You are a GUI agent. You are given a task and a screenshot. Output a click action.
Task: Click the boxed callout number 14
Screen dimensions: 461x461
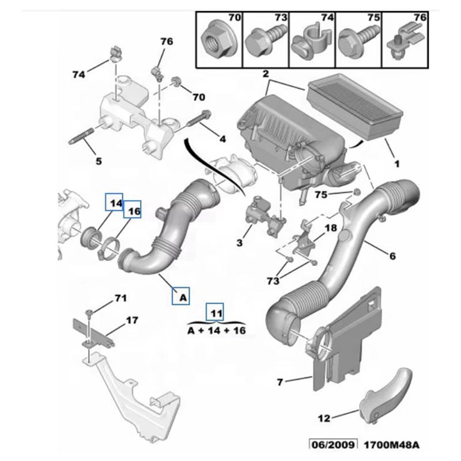(114, 203)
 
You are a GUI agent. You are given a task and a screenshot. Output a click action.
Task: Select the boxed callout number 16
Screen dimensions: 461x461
(133, 211)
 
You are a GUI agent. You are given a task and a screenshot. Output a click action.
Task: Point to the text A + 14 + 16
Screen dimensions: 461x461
(216, 331)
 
